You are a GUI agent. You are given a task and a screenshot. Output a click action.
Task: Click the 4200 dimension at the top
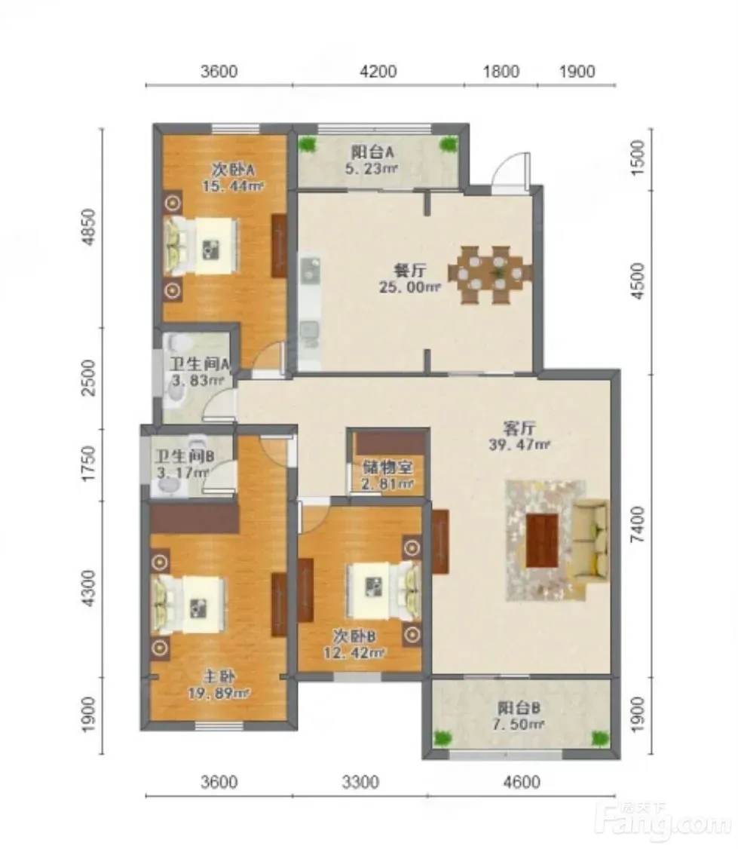pyautogui.click(x=378, y=72)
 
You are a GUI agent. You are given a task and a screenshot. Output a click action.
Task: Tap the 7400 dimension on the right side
pyautogui.click(x=639, y=524)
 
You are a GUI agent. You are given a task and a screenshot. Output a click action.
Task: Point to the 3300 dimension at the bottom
pyautogui.click(x=360, y=782)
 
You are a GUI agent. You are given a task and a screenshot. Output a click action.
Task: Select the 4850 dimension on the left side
pyautogui.click(x=89, y=228)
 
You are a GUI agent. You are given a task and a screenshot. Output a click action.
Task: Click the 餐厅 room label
pyautogui.click(x=410, y=271)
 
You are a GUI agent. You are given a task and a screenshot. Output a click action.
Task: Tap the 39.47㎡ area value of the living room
pyautogui.click(x=519, y=445)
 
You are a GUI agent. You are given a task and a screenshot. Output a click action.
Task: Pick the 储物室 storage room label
pyautogui.click(x=387, y=467)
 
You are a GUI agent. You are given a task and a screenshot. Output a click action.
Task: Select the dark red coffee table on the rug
pyautogui.click(x=542, y=541)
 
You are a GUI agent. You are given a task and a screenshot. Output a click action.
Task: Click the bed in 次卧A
pyautogui.click(x=201, y=247)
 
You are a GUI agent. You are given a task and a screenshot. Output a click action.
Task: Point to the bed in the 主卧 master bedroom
pyautogui.click(x=189, y=605)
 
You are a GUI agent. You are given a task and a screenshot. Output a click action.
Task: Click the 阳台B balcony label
pyautogui.click(x=519, y=708)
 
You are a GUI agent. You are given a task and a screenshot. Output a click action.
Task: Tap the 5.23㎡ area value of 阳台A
pyautogui.click(x=372, y=168)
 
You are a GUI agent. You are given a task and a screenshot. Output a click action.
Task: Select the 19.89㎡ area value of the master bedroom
pyautogui.click(x=218, y=693)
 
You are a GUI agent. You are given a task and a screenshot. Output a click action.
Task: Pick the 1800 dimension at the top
pyautogui.click(x=501, y=72)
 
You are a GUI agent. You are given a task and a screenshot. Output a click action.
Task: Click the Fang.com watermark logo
pyautogui.click(x=663, y=822)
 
